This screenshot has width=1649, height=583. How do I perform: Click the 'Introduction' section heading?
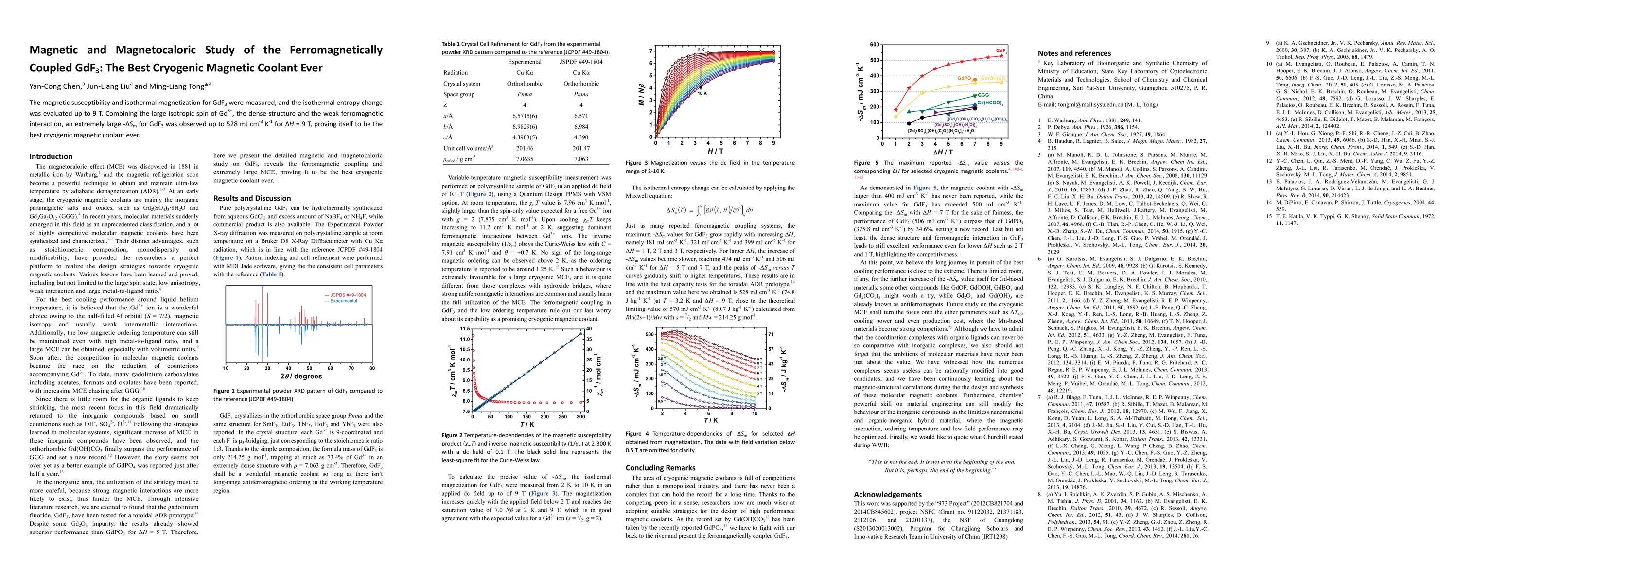51,156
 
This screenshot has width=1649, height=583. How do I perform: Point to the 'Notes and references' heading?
1074,53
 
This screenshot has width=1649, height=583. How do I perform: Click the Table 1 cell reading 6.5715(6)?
524,116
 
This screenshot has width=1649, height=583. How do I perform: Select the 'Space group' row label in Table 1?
458,94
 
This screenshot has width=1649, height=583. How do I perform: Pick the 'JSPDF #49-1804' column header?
580,62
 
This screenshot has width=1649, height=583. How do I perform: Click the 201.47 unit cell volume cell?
580,148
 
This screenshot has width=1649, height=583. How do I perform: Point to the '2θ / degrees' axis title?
299,377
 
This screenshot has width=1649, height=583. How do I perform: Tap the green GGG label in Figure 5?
982,95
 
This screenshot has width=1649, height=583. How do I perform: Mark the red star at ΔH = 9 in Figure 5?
1001,56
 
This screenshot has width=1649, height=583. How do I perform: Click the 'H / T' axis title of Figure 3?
715,151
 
